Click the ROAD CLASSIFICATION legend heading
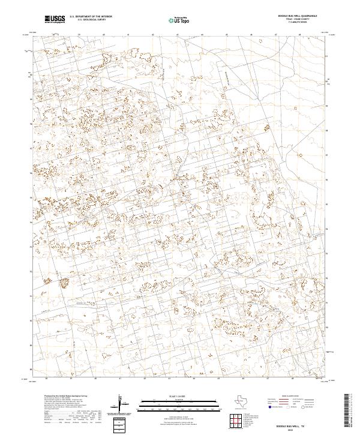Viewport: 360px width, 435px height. [293, 397]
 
